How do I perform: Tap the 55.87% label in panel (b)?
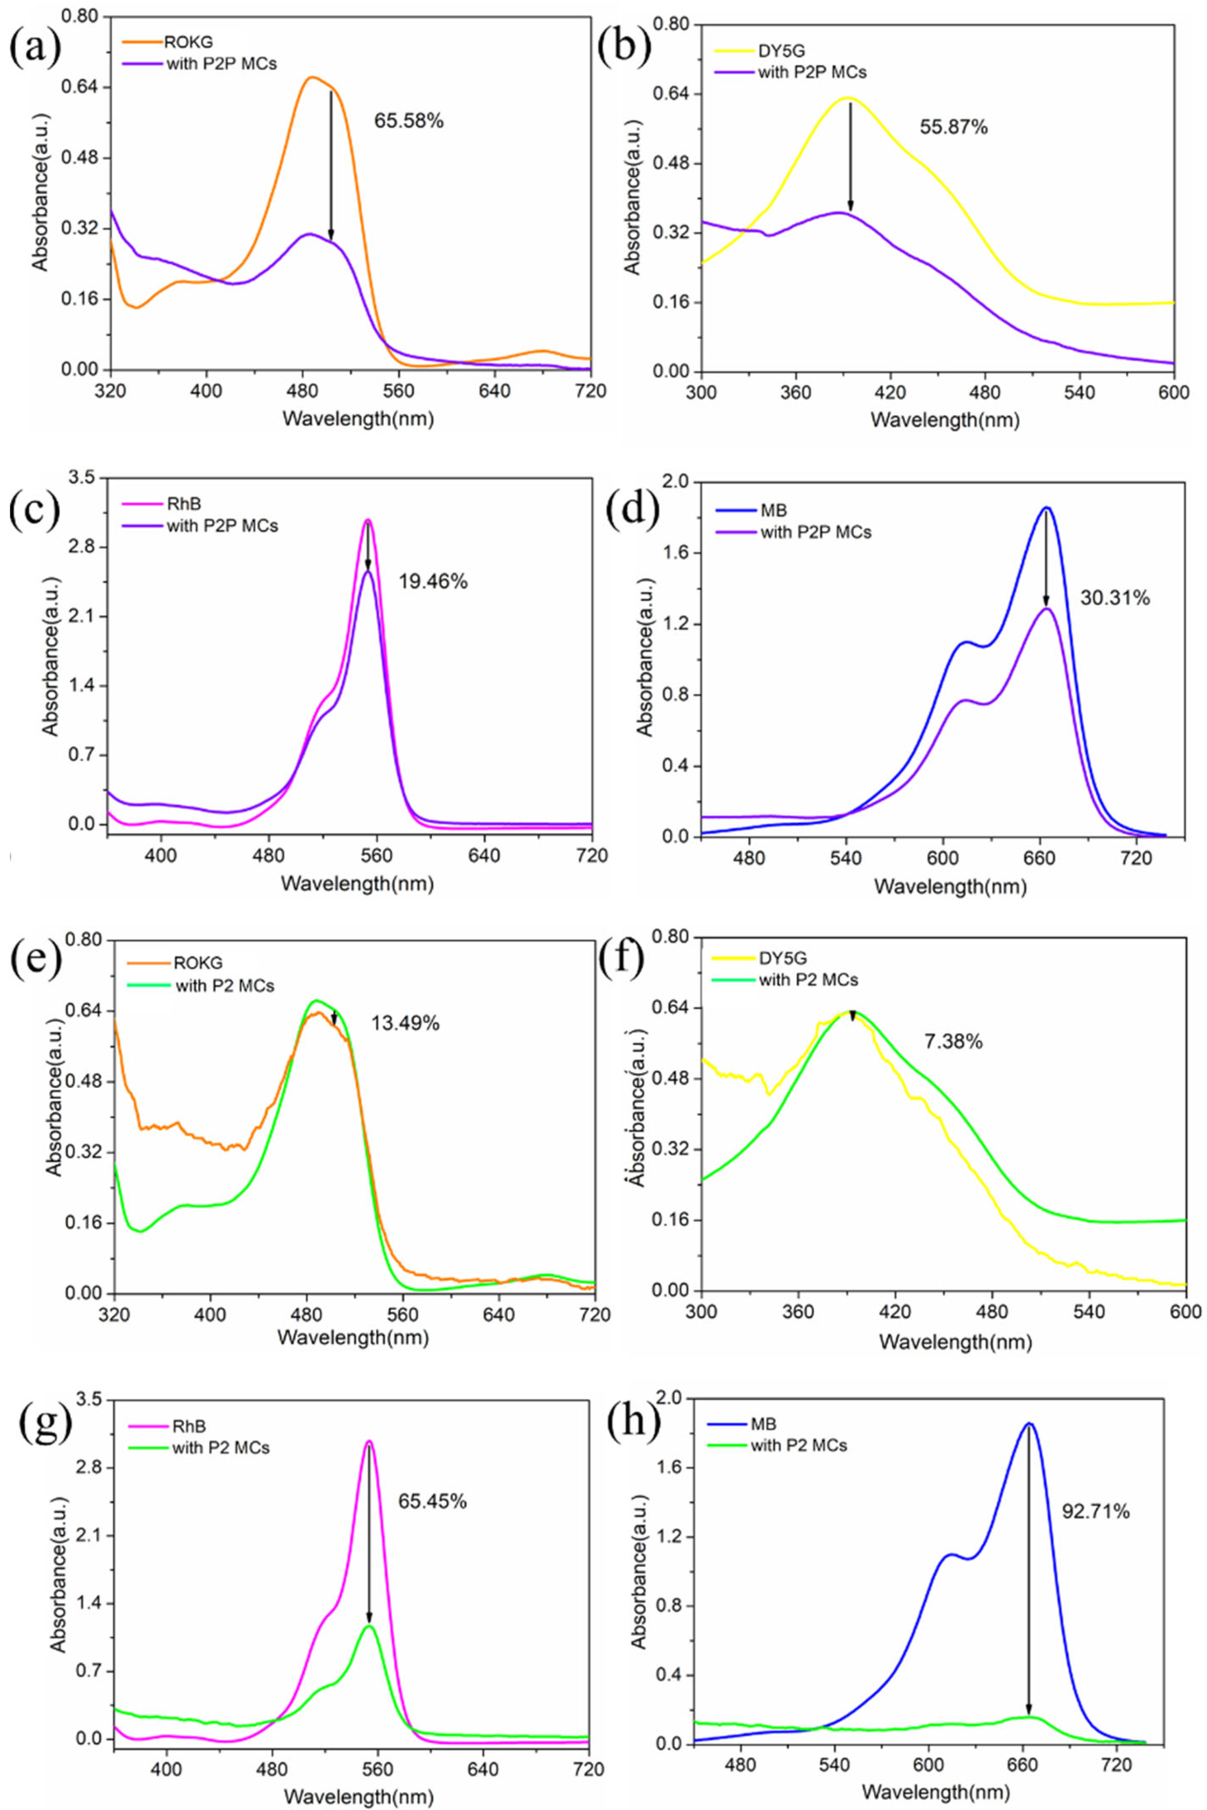click(x=953, y=127)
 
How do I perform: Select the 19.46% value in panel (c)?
click(x=433, y=581)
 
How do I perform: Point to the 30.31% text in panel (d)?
click(x=1115, y=597)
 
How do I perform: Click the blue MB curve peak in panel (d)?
click(x=1046, y=507)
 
